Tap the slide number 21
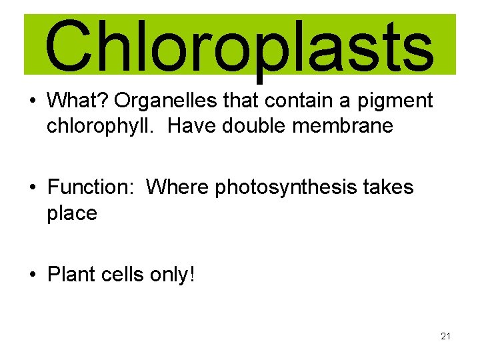[x=445, y=336]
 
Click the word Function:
[x=91, y=187]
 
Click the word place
[x=72, y=214]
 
